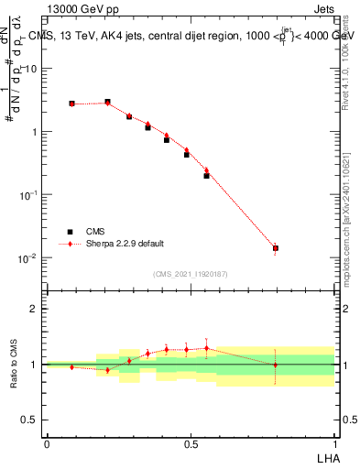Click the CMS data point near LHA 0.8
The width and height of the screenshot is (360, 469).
click(276, 248)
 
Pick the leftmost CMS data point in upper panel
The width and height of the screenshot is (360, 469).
click(71, 104)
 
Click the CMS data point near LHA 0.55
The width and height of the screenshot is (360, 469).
click(206, 175)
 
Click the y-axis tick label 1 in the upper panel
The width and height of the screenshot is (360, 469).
click(36, 132)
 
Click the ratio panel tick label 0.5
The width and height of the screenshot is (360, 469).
click(31, 420)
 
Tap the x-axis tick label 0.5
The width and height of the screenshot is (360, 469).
click(191, 444)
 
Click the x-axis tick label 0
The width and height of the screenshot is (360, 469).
click(47, 444)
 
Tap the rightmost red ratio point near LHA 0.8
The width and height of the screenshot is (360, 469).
click(276, 365)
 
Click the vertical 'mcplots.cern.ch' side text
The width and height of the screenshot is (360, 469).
click(349, 243)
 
